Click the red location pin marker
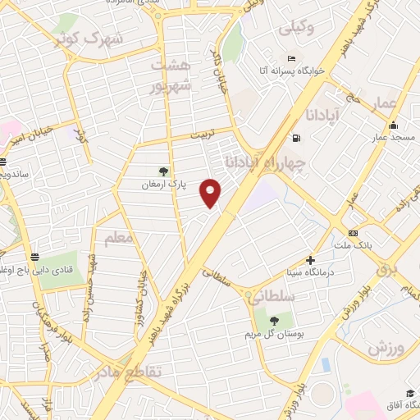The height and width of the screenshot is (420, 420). tap(212, 192)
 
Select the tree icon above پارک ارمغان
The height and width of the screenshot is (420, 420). tap(163, 171)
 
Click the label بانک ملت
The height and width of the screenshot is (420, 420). tap(353, 245)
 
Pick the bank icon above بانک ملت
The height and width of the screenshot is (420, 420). tap(354, 232)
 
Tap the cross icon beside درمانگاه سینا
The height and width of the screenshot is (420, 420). tap(310, 260)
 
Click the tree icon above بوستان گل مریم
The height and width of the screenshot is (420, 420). tap(273, 320)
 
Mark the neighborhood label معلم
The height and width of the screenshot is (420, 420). tap(118, 239)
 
